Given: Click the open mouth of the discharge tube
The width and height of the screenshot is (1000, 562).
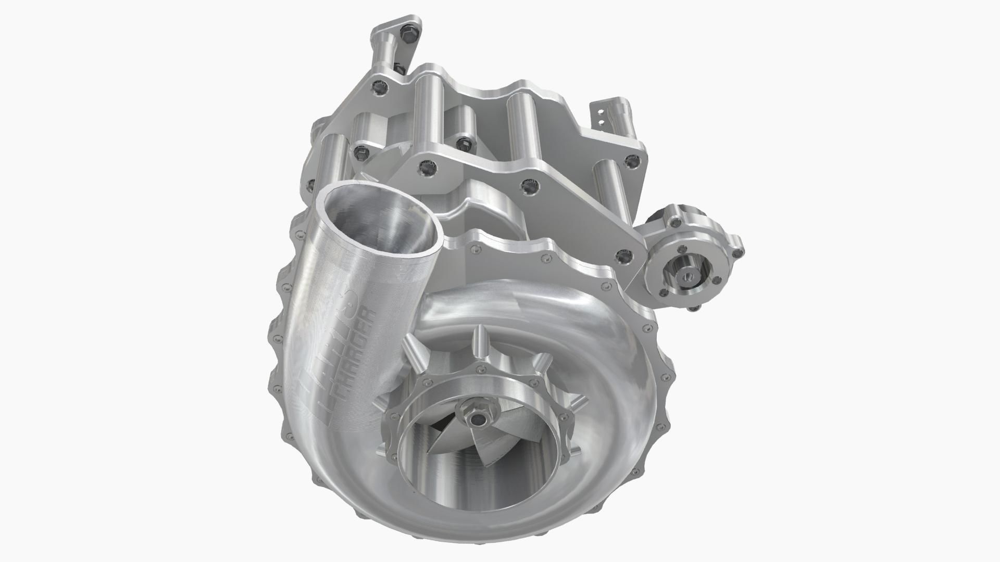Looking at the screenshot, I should tap(379, 216).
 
